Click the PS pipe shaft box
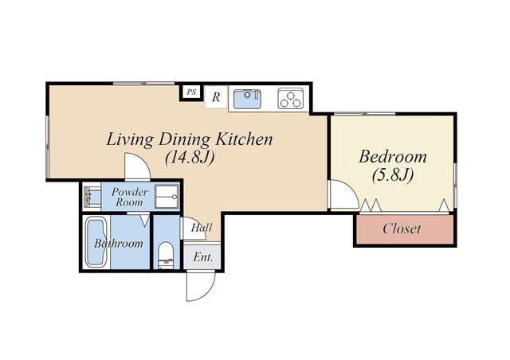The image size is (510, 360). click(191, 92)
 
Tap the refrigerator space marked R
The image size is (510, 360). click(216, 97)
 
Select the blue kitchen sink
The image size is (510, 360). click(247, 100)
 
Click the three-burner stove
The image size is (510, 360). click(290, 99)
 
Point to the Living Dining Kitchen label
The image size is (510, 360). click(190, 140)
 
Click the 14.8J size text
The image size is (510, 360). click(190, 158)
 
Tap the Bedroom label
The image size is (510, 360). click(393, 157)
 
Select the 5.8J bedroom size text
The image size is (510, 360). click(393, 175)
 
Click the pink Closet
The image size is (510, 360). click(405, 229)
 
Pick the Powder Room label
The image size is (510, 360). click(129, 197)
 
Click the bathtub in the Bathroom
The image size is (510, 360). click(96, 242)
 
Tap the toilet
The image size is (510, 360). click(166, 256)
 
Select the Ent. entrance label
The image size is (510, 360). click(203, 257)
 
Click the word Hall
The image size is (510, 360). click(202, 227)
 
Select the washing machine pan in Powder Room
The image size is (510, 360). click(167, 197)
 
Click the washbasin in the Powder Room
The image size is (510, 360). click(92, 197)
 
